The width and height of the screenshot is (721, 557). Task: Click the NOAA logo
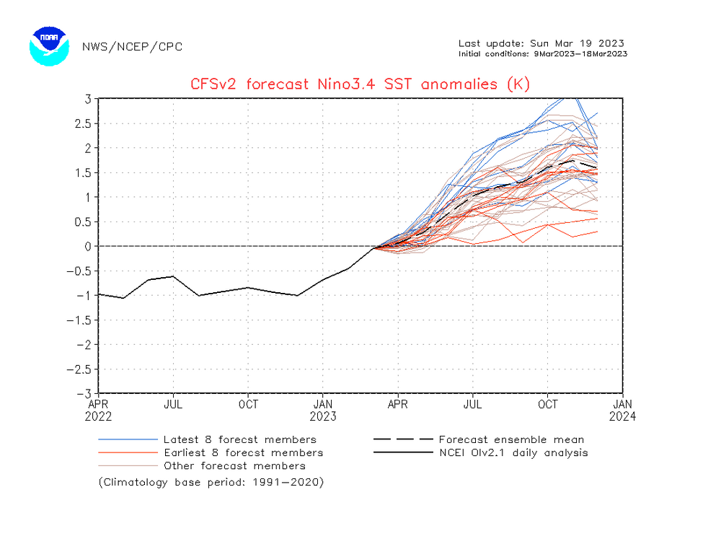coord(49,46)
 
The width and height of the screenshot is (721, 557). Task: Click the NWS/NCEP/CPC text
coord(133,47)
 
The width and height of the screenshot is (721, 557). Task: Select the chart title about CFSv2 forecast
coord(360,84)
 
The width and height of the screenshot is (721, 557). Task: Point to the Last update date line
coord(541,43)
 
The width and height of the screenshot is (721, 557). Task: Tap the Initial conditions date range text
coord(542,53)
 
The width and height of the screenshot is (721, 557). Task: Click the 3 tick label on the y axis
coord(87,99)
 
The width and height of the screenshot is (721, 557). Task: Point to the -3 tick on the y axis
coord(84,393)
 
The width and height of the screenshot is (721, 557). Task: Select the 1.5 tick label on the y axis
coord(82,172)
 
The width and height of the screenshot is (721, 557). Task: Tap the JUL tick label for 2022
coord(173,404)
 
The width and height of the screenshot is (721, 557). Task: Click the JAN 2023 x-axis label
coord(323,410)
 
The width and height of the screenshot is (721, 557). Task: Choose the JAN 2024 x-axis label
coord(623,410)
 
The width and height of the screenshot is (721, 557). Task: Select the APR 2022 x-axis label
coord(99,410)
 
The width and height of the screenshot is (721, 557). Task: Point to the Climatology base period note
coord(211,482)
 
